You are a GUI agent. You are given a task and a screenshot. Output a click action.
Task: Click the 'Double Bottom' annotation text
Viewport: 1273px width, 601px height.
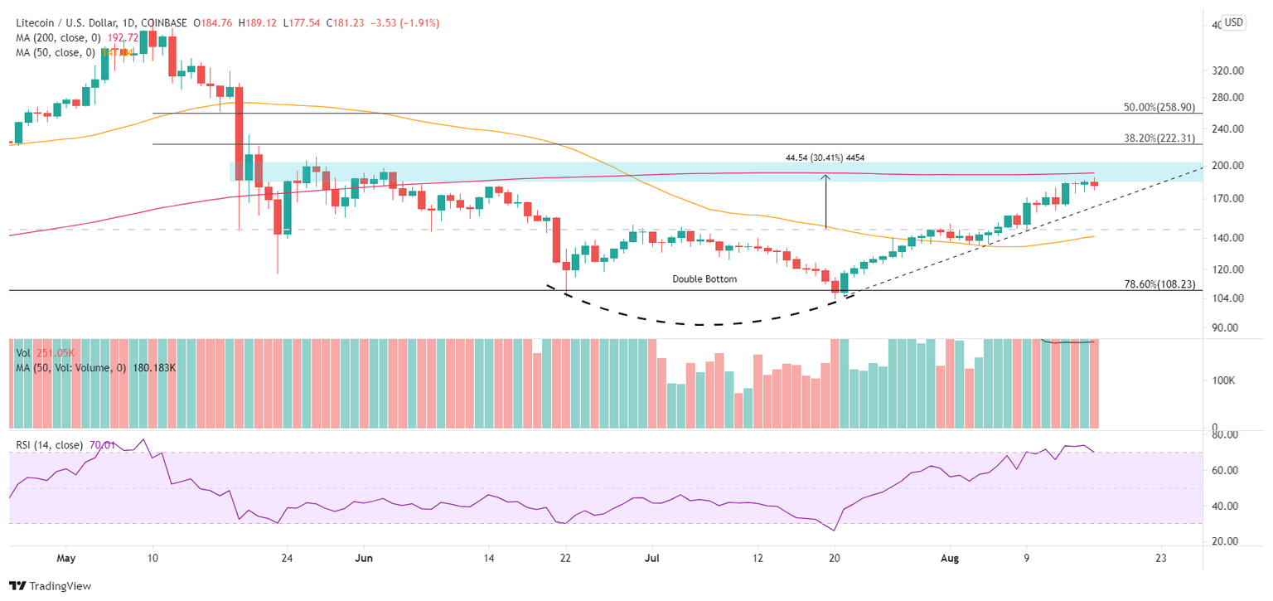coord(704,279)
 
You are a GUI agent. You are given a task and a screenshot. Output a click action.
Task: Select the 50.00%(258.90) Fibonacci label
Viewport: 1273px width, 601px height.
coord(1158,108)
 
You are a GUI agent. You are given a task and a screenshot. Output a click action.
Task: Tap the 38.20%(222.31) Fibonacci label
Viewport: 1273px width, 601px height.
coord(1158,138)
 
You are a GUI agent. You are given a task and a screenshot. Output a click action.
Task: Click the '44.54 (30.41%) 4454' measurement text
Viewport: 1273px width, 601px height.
coord(825,158)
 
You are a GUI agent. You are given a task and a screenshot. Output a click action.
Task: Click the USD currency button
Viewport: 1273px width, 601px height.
coord(1233,22)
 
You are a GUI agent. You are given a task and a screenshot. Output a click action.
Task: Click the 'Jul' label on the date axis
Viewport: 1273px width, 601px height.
coord(651,559)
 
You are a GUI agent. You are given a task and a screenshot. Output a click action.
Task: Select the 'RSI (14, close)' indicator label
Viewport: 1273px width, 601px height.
coord(49,445)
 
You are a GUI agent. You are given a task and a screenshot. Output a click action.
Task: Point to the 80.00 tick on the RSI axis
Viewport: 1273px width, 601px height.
coord(1226,434)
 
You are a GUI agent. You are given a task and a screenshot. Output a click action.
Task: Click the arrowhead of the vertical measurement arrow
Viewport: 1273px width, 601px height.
coord(825,176)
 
